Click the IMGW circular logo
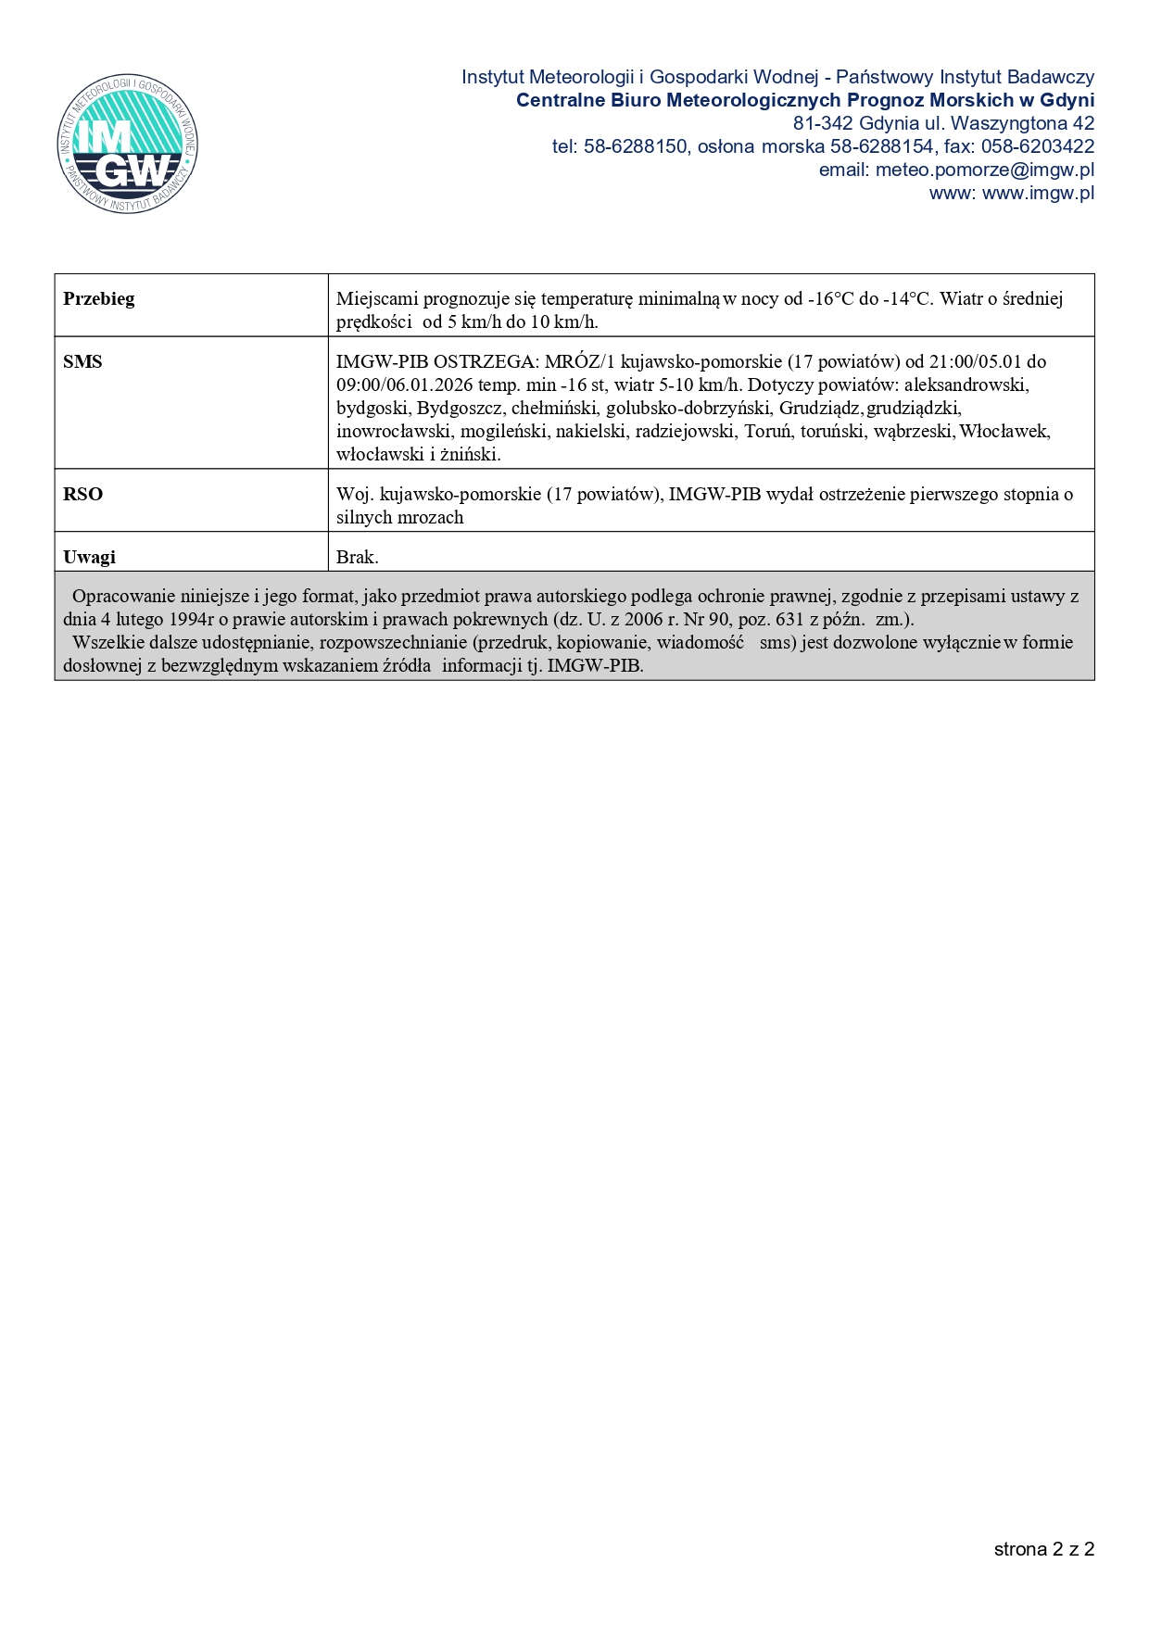click(x=127, y=144)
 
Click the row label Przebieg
click(x=98, y=299)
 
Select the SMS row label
click(x=82, y=362)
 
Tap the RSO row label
click(x=82, y=495)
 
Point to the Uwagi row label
click(x=89, y=558)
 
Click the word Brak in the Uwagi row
click(x=357, y=558)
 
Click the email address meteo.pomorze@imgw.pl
click(x=984, y=170)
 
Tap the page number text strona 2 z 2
click(x=1043, y=1549)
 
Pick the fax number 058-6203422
click(x=1036, y=147)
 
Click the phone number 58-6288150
click(x=635, y=147)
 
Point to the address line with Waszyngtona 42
click(x=942, y=124)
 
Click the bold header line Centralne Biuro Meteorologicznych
click(x=804, y=101)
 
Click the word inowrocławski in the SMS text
click(x=393, y=432)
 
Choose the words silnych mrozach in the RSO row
click(x=399, y=518)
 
